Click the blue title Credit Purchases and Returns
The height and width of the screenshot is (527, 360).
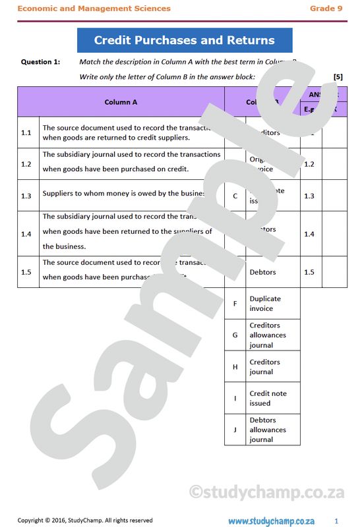coord(184,40)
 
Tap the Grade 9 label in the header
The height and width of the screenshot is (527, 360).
coord(326,9)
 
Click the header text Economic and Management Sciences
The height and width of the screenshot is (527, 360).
coord(94,9)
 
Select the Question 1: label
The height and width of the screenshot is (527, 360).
coord(40,62)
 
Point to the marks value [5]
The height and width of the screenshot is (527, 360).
coord(338,76)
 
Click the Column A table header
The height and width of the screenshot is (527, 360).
coord(121,102)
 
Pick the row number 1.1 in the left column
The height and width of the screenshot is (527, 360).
coord(26,132)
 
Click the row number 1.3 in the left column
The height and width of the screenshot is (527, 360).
coord(26,196)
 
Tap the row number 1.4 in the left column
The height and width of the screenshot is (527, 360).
coord(26,234)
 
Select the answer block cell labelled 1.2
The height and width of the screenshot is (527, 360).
coord(309,164)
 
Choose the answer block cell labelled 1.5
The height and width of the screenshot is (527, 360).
coord(309,272)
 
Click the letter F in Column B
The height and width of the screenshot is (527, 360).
coord(235,304)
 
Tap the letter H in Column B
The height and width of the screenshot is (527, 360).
coord(235,367)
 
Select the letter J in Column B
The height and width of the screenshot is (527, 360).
coord(235,430)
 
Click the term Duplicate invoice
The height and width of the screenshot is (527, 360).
coord(265,304)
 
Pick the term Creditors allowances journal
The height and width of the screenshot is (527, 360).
coord(268,335)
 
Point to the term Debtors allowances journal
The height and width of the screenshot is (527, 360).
coord(268,430)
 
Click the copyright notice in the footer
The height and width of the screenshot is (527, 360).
coord(85,520)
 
